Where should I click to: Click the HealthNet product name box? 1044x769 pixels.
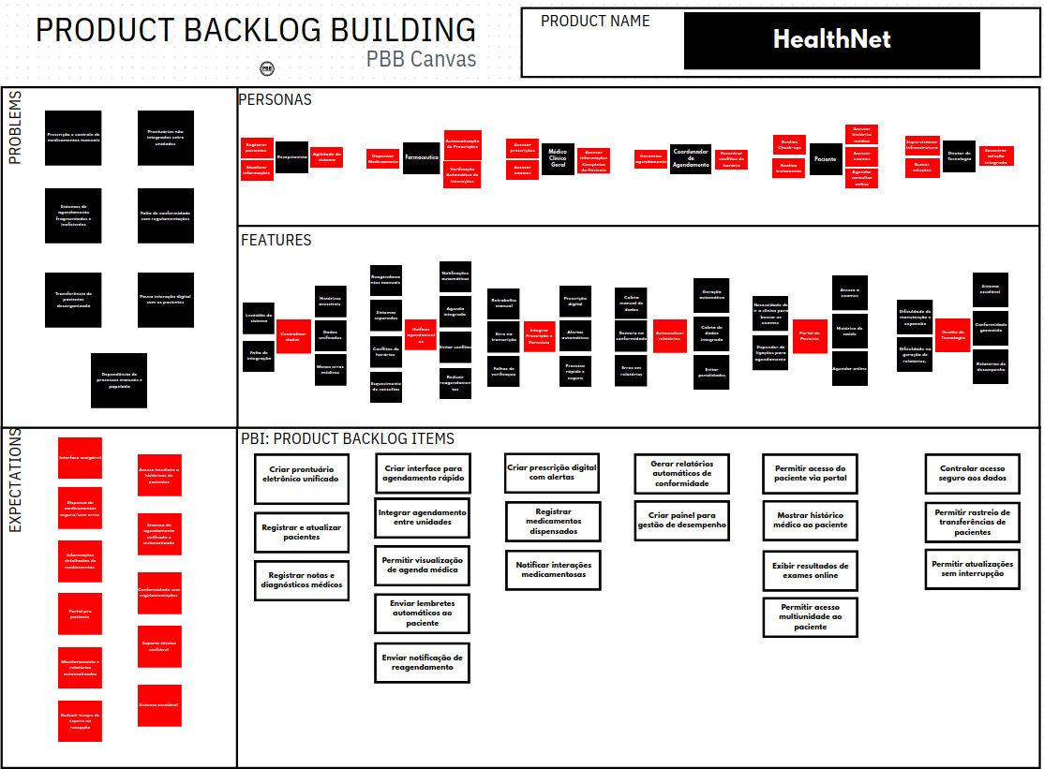click(x=831, y=40)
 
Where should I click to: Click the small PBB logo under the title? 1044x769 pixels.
click(x=267, y=68)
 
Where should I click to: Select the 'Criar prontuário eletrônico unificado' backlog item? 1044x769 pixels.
click(x=302, y=479)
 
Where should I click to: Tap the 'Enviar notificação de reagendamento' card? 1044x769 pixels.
click(x=422, y=662)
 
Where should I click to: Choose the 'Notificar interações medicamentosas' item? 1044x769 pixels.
click(x=554, y=569)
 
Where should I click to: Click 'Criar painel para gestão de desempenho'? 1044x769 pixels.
click(x=681, y=520)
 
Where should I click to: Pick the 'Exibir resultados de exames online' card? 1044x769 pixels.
click(x=811, y=570)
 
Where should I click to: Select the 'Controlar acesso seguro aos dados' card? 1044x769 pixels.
click(x=973, y=473)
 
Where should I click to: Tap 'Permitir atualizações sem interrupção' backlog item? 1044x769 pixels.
click(x=973, y=569)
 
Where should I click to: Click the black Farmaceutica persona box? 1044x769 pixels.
click(x=421, y=157)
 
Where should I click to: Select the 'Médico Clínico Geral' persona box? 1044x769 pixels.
click(x=558, y=159)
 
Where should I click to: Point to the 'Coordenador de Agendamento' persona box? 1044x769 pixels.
click(x=690, y=159)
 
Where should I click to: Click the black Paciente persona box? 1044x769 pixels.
click(x=825, y=159)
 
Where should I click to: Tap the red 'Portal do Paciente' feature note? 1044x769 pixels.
click(x=810, y=335)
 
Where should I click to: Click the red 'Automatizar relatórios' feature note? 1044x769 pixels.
click(x=669, y=335)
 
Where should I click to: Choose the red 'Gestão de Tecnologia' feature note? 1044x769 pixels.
click(x=952, y=334)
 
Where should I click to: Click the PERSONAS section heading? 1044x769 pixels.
click(x=275, y=99)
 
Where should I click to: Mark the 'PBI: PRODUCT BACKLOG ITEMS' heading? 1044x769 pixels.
click(x=348, y=438)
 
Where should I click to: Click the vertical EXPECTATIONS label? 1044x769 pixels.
click(x=15, y=488)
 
